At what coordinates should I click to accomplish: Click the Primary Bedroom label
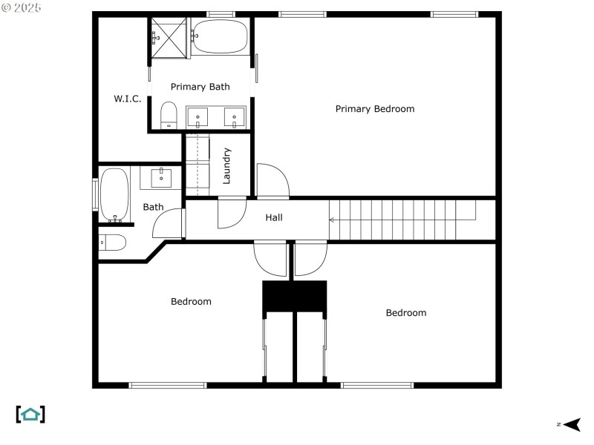tap(375, 109)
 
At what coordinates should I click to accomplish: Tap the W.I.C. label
tap(127, 99)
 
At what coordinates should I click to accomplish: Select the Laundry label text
tap(226, 165)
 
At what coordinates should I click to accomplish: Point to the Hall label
tap(274, 217)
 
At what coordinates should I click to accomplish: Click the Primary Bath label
tap(200, 87)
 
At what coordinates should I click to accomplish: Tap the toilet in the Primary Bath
tap(169, 115)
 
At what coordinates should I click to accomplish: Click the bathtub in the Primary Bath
tap(220, 36)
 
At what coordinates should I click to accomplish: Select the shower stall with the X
tap(169, 38)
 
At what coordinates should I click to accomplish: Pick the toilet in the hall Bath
tap(112, 243)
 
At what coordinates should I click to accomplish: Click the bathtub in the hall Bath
tap(114, 195)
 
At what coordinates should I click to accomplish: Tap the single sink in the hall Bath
tap(161, 178)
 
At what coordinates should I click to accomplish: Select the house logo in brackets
tap(30, 415)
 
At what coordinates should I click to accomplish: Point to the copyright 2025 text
tap(22, 7)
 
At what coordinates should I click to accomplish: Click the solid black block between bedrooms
tap(294, 296)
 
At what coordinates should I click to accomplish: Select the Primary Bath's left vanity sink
tap(198, 117)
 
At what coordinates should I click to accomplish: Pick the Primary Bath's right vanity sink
tap(234, 117)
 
